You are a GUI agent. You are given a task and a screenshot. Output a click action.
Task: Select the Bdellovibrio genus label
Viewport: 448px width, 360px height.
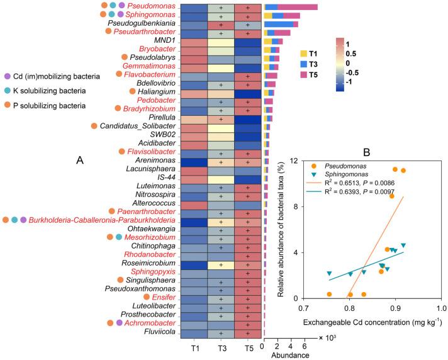click(x=154, y=84)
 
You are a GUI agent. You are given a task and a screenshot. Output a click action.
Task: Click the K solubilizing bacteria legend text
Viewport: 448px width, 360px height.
click(x=50, y=91)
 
